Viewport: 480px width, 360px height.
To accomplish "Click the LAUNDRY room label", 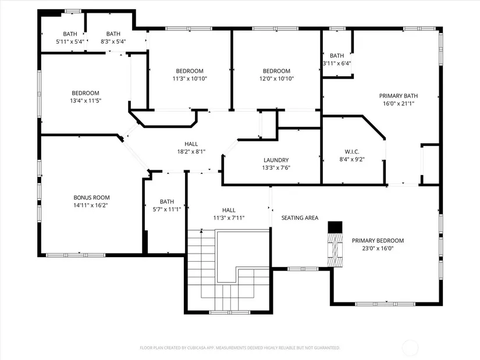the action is tap(276, 160).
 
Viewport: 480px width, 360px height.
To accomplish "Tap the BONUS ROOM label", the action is tap(91, 198).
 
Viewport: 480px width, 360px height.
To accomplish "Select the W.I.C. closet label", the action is tap(352, 152).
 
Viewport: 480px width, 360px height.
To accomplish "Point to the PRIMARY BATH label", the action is tap(399, 96).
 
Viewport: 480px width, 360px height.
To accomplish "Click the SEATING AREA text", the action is tap(300, 218).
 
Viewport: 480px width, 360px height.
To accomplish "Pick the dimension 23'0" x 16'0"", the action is tap(378, 248).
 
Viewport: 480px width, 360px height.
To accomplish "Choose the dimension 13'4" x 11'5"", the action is tap(86, 101).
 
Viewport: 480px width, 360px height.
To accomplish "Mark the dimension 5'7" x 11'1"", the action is tap(167, 209).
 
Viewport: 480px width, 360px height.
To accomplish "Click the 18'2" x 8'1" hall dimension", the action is tap(191, 152).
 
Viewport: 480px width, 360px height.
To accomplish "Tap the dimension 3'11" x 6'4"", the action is tap(337, 63).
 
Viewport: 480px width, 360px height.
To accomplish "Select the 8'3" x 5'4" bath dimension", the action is tap(113, 42).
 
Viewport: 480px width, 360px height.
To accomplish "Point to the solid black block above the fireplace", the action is tap(335, 227).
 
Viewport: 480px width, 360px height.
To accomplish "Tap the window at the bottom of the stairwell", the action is tap(230, 312).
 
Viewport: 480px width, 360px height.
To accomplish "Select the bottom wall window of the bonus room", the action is tap(76, 255).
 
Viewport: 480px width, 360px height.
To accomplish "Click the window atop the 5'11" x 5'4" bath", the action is tap(73, 11).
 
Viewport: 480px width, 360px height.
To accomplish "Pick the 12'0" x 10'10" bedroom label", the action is tap(277, 74).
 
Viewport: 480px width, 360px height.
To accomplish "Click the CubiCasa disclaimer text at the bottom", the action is tap(240, 348).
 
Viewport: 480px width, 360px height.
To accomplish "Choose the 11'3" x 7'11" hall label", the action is tap(229, 214).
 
